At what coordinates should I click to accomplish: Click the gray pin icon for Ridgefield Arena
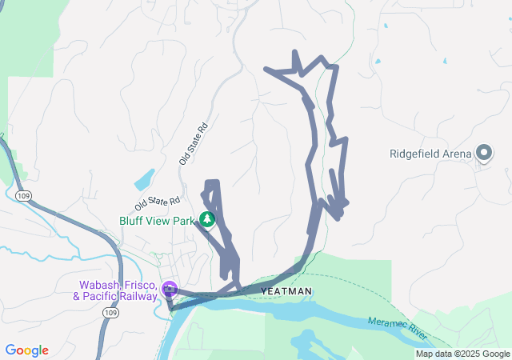click(483, 152)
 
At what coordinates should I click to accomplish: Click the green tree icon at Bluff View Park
click(207, 218)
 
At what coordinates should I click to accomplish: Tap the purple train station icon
click(169, 289)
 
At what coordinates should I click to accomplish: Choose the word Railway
click(135, 297)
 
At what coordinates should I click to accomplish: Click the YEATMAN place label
click(285, 290)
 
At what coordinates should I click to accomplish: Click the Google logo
click(26, 350)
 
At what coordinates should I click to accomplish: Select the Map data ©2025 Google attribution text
click(462, 354)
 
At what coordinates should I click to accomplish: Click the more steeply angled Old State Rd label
click(194, 144)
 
